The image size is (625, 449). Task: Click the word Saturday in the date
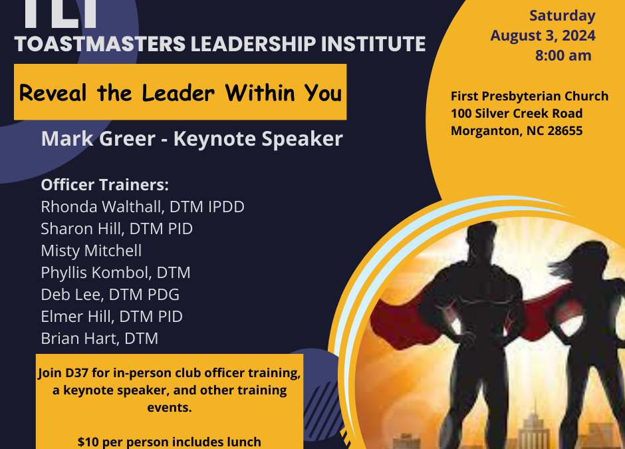point(562,16)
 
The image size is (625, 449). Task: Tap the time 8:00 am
point(563,55)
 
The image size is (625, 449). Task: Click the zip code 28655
point(564,131)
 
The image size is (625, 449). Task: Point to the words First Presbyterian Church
point(529,96)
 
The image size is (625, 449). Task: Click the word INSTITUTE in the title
point(373,44)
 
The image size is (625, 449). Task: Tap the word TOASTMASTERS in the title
point(100,44)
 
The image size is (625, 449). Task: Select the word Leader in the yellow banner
point(178,93)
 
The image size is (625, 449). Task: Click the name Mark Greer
point(98,139)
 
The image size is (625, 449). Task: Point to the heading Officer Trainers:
point(105,185)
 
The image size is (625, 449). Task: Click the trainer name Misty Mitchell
point(91,251)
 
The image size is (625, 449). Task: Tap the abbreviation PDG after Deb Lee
point(164,295)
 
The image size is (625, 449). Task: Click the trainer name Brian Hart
point(80,339)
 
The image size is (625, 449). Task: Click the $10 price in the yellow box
point(87,442)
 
